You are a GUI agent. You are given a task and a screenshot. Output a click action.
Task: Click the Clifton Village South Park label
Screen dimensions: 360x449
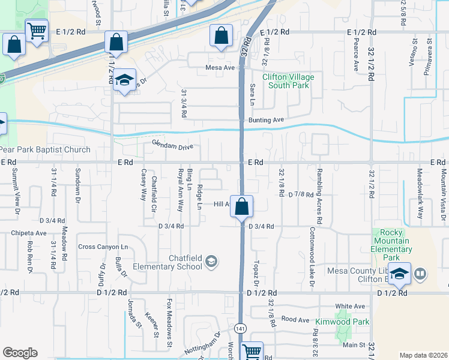click(286, 81)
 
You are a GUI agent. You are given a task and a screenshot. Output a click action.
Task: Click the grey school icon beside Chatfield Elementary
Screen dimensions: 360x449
click(211, 261)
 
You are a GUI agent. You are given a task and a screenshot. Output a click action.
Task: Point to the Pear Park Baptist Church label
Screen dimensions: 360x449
click(45, 149)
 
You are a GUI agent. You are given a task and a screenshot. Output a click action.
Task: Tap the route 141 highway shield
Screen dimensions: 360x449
click(240, 328)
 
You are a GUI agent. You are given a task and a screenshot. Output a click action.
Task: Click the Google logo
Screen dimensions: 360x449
click(20, 353)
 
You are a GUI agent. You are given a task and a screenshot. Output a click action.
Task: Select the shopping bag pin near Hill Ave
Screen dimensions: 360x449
click(241, 207)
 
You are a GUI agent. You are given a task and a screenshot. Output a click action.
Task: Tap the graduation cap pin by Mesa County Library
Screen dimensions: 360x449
click(399, 274)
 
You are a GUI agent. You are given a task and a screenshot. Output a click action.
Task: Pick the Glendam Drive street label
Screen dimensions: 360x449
click(172, 145)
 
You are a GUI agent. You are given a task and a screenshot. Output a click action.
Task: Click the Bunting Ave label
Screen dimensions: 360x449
click(265, 120)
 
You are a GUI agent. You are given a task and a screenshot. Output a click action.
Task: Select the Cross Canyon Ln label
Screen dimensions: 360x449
click(103, 247)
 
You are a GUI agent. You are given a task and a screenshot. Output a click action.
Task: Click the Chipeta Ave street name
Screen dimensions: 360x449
click(28, 233)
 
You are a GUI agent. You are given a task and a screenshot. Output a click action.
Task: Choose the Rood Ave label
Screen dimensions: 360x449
click(295, 320)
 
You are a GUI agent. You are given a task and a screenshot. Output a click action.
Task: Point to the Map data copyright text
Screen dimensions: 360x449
click(423, 355)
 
